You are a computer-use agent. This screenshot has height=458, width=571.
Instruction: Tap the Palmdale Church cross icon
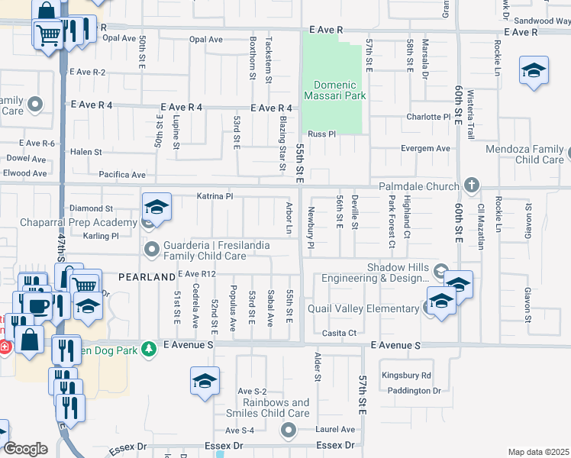pos(472,185)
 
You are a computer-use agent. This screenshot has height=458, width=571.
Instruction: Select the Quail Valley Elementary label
pos(363,308)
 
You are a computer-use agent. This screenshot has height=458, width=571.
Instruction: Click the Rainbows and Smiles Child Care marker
pos(289,432)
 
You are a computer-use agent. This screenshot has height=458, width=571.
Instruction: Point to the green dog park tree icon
pos(149,348)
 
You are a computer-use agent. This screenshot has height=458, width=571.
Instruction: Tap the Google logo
pos(25,449)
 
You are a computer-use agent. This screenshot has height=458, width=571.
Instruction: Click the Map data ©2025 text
pos(538,452)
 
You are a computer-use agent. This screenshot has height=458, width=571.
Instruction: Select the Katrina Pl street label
pos(215,196)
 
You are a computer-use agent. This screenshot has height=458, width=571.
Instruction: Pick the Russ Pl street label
pos(321,134)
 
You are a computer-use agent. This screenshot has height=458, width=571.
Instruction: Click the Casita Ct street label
pos(338,333)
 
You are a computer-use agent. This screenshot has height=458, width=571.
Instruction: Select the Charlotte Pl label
pos(428,117)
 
